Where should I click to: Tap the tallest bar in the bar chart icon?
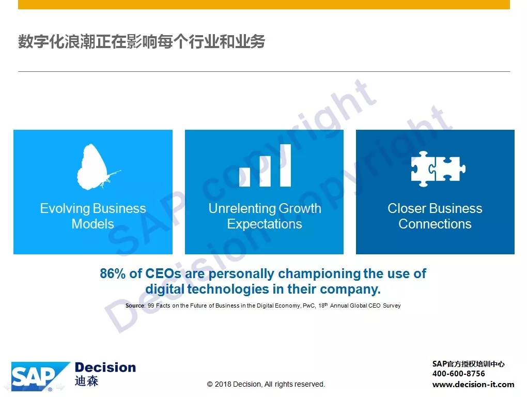click(x=285, y=165)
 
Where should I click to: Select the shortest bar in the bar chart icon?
click(x=244, y=177)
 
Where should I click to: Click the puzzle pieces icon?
click(x=438, y=169)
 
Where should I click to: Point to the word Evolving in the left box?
click(x=65, y=209)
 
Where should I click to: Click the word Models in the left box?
click(x=93, y=224)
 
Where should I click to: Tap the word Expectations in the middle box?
click(x=265, y=224)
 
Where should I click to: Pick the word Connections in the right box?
click(x=435, y=224)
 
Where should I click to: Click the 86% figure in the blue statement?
click(x=113, y=273)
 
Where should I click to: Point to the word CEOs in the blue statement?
click(x=163, y=273)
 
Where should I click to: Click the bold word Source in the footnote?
click(x=135, y=306)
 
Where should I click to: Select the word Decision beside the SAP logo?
click(x=105, y=368)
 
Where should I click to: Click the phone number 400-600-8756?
click(x=458, y=373)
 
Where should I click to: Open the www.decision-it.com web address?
click(x=473, y=384)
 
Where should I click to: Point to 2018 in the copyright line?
click(x=223, y=384)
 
